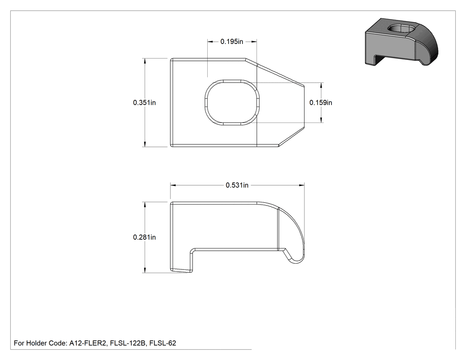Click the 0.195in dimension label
click(232, 42)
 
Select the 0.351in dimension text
click(144, 103)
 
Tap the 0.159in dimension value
click(321, 103)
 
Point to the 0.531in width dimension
click(237, 185)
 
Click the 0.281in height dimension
click(144, 237)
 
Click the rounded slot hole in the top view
click(232, 103)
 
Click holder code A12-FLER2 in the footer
click(88, 343)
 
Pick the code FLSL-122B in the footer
click(128, 343)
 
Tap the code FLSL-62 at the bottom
click(163, 343)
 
